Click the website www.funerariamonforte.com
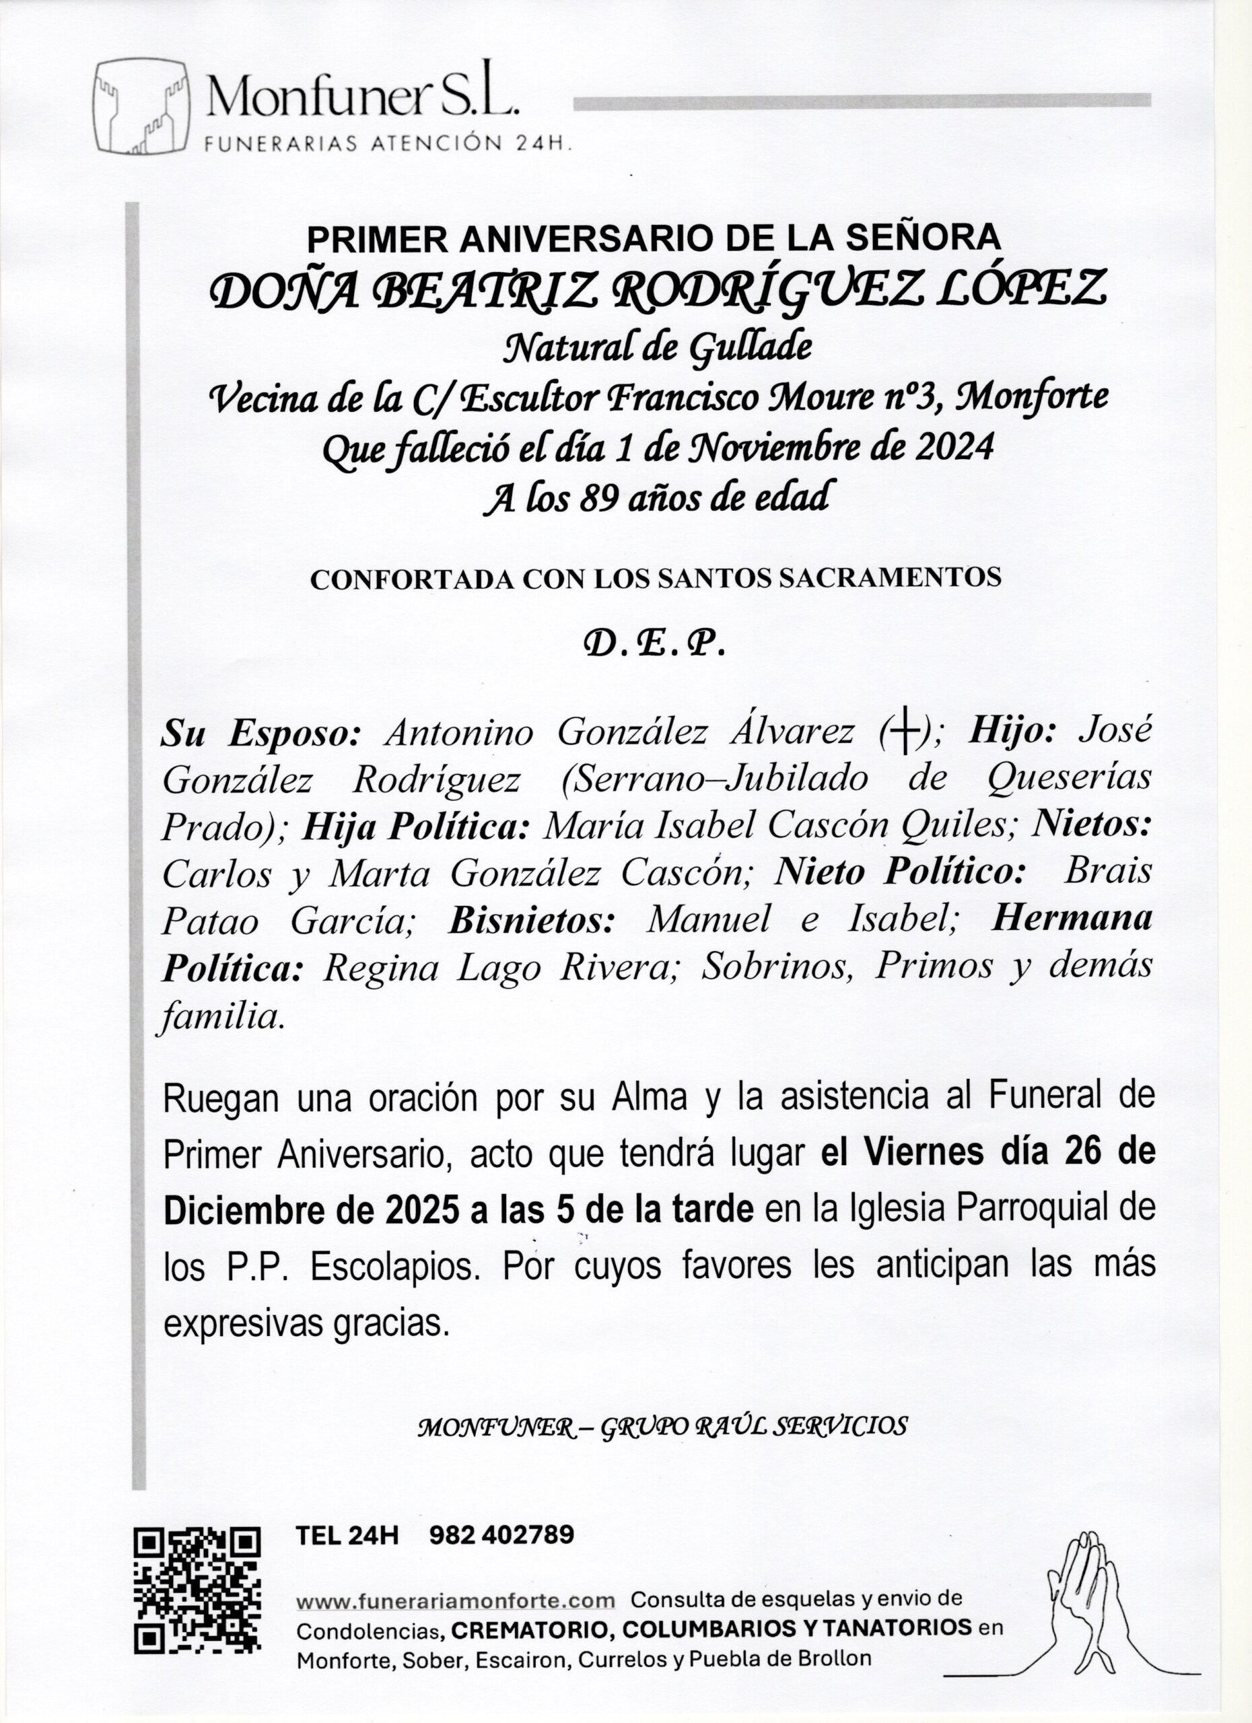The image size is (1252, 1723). (455, 1601)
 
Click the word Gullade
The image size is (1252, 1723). (750, 347)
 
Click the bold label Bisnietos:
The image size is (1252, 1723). (532, 921)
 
